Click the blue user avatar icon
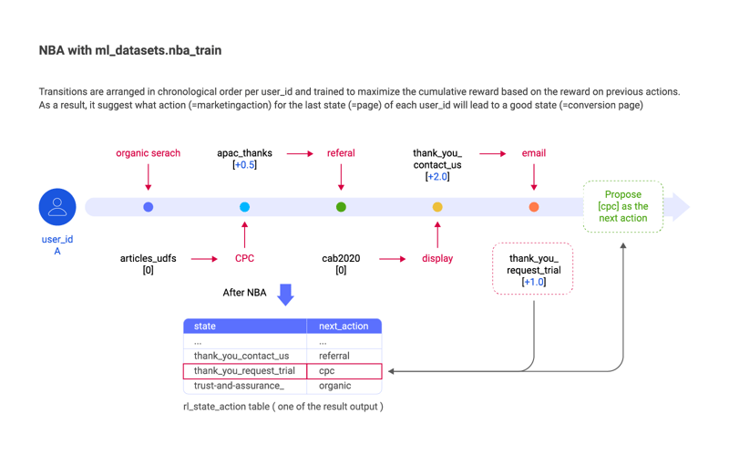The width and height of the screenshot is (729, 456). point(57,207)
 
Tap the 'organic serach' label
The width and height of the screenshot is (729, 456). point(148,153)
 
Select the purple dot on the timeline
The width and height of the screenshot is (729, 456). point(149,207)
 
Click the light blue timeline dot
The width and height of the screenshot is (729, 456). point(244,207)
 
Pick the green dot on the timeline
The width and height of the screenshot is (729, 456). point(341,207)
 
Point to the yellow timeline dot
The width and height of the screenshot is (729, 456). point(437,207)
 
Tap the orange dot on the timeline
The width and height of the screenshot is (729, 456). point(534,207)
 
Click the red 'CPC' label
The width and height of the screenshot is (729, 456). point(244,258)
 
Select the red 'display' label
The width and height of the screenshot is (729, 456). point(437,258)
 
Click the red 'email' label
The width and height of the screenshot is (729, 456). point(534,153)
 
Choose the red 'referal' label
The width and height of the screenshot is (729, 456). point(341,153)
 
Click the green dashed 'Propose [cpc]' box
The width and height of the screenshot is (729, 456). point(623,207)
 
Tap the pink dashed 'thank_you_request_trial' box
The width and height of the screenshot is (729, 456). point(533,269)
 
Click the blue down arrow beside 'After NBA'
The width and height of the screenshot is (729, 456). point(285,294)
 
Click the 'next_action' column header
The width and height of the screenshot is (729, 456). point(344,326)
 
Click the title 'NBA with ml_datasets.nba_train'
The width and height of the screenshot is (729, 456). point(130,50)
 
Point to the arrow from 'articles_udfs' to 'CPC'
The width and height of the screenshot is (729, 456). point(203,259)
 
